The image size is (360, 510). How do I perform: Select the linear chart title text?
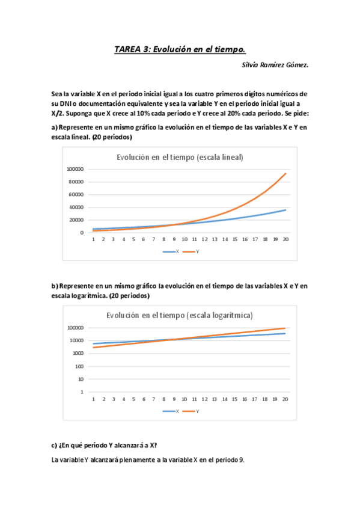point(180,158)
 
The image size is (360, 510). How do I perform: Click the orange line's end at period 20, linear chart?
point(285,173)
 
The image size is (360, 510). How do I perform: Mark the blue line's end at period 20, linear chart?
point(285,210)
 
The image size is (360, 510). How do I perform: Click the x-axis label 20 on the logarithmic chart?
point(285,399)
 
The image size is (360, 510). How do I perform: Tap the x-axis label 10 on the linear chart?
point(185,239)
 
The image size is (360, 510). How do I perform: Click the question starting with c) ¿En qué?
point(105,445)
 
